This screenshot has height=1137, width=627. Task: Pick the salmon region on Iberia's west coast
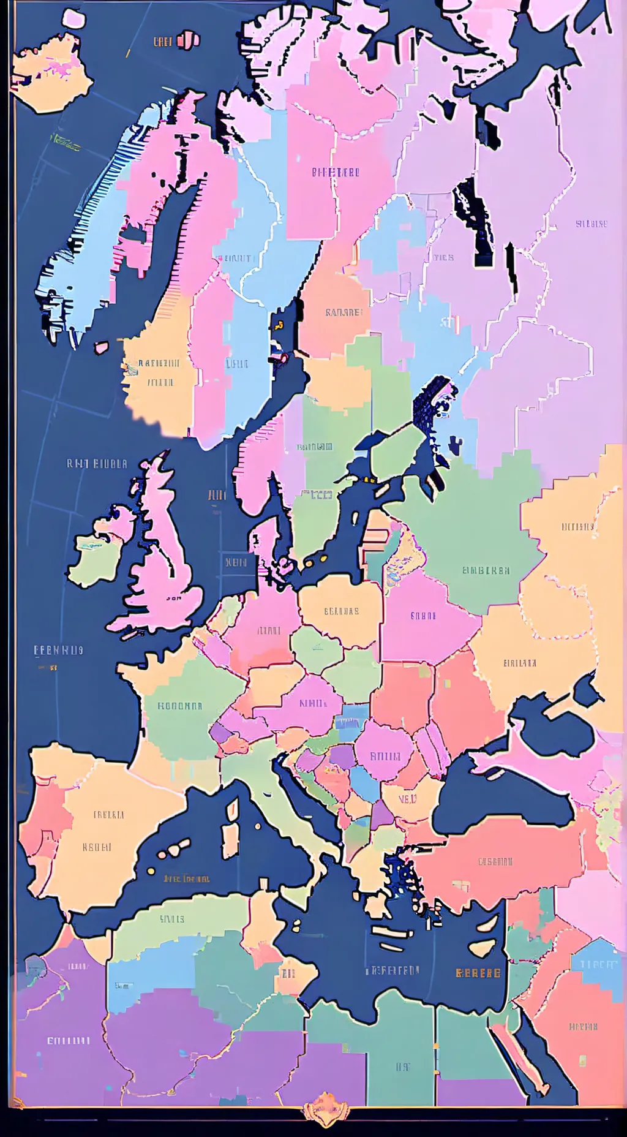[40, 821]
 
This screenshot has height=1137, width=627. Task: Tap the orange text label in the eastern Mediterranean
[478, 973]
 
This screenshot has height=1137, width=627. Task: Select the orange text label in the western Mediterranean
[186, 878]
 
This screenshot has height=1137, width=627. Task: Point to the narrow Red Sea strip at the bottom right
[520, 1054]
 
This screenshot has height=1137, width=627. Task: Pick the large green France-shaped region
[184, 704]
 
